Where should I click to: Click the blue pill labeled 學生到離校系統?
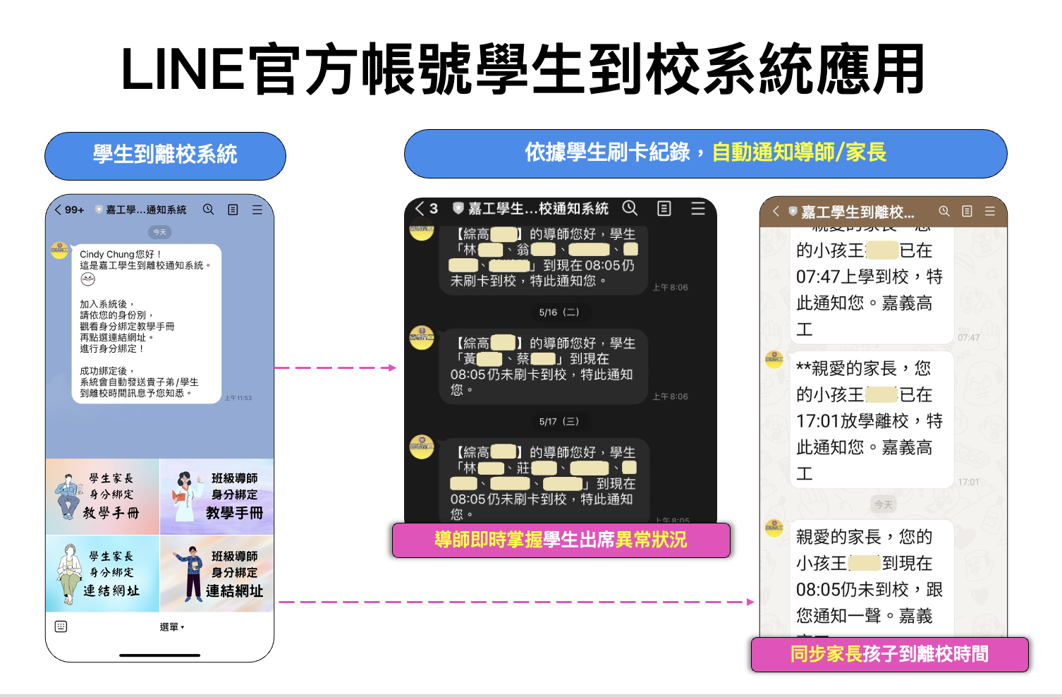(x=165, y=155)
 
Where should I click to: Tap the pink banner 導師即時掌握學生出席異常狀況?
(x=561, y=540)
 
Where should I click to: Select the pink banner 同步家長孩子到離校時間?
(x=889, y=655)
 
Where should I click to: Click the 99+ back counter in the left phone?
(x=70, y=210)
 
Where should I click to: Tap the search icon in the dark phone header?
(x=630, y=208)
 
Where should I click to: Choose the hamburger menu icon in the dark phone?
(x=698, y=208)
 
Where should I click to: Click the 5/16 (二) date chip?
(x=559, y=312)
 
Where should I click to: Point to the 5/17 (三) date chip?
(x=559, y=421)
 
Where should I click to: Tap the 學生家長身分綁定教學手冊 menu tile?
(x=103, y=496)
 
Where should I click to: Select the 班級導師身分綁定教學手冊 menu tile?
(x=217, y=496)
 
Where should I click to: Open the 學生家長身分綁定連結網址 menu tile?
(x=103, y=574)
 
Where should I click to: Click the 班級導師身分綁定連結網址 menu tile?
(x=217, y=574)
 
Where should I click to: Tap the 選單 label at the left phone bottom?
(x=171, y=627)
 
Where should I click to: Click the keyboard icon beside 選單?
(x=61, y=626)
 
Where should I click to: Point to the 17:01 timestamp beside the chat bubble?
(x=968, y=483)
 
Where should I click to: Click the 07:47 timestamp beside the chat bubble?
(x=968, y=338)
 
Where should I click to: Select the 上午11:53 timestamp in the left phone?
(x=238, y=398)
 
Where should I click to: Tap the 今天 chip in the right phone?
(x=884, y=504)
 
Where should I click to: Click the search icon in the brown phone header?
(x=944, y=211)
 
